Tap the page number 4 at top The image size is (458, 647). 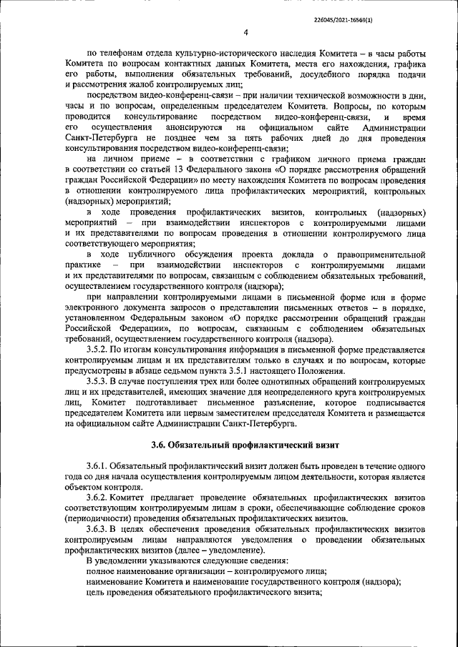click(x=245, y=31)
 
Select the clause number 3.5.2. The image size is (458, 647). click(x=99, y=349)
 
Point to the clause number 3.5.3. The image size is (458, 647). click(x=99, y=382)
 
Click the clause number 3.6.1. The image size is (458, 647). click(x=99, y=466)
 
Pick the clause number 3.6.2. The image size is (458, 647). click(x=99, y=497)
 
